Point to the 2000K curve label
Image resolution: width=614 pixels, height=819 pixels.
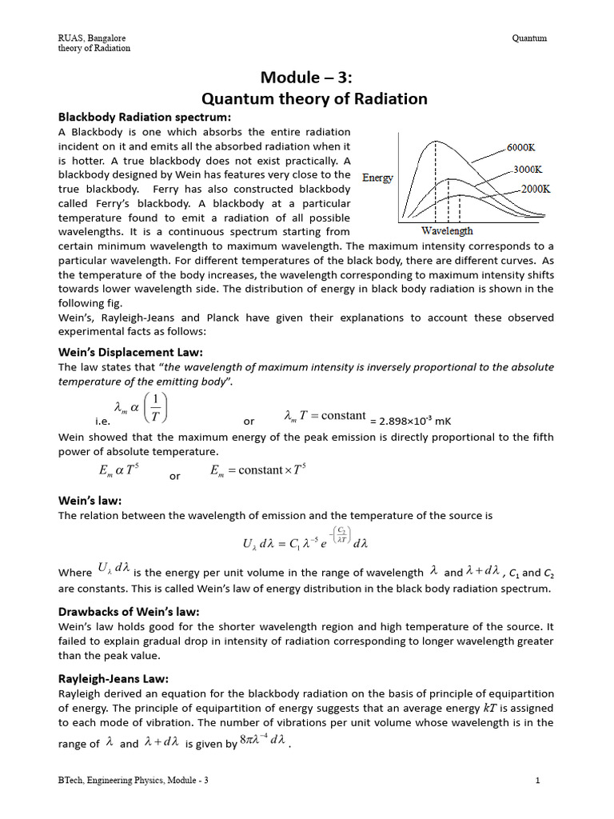pos(535,190)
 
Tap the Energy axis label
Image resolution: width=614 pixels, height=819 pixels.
pos(377,178)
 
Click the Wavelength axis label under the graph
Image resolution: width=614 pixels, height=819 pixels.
pos(447,231)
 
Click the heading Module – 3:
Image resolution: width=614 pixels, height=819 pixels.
pos(307,78)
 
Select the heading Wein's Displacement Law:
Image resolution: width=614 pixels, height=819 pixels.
pos(130,351)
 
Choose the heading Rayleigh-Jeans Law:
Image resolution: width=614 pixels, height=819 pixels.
pos(114,678)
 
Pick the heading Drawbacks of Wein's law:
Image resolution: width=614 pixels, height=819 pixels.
pos(129,612)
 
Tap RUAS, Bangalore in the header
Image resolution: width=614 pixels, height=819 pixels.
pos(91,38)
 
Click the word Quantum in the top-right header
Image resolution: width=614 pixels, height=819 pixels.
pos(530,38)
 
